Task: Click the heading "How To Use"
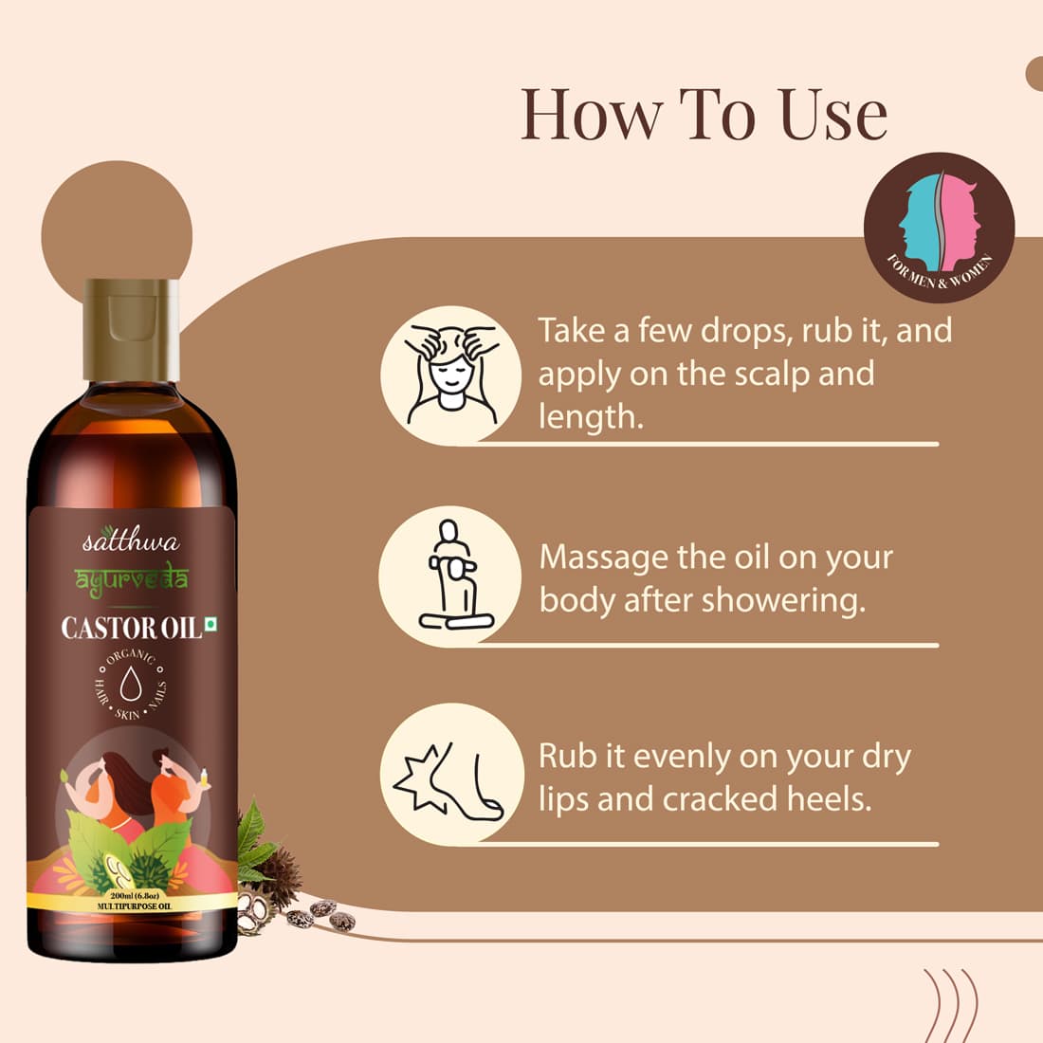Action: point(704,115)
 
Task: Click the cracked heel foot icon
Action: point(449,778)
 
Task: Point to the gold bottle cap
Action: point(131,329)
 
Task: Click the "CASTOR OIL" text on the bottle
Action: point(131,629)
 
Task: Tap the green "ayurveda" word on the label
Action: point(131,580)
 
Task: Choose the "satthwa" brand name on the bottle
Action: point(131,540)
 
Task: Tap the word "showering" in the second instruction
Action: point(783,601)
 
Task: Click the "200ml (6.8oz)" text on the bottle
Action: point(134,896)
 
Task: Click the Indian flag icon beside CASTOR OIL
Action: point(210,623)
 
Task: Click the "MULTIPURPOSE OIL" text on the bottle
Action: point(134,906)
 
